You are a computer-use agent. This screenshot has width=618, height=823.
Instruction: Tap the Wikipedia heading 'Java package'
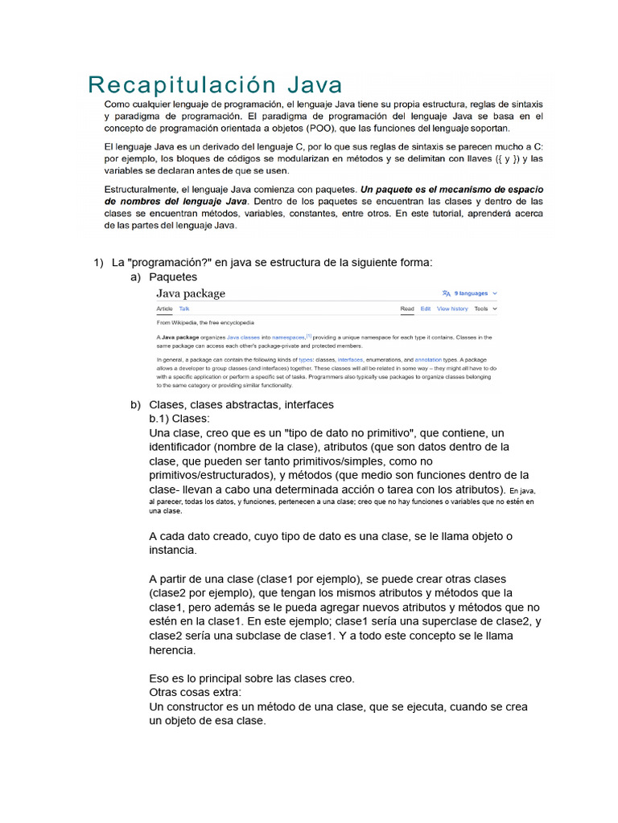point(191,293)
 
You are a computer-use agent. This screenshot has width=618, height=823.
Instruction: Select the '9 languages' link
point(471,293)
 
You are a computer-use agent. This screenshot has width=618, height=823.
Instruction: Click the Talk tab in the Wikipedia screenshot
point(184,309)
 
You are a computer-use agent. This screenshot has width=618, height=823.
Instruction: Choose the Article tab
point(164,309)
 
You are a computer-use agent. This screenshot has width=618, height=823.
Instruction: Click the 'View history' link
point(452,309)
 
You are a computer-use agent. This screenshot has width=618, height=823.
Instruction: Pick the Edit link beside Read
point(425,309)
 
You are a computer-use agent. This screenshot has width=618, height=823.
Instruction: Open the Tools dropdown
point(485,309)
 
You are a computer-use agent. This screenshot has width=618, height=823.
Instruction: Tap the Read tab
point(407,309)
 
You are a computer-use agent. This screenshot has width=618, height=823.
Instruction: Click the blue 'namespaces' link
point(288,338)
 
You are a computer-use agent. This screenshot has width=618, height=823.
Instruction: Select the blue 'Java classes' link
point(243,338)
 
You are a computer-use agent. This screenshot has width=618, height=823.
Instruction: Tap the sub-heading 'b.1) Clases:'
point(179,419)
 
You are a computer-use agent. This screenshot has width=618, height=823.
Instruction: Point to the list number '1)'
point(99,262)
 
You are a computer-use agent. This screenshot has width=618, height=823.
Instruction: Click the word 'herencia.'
point(173,650)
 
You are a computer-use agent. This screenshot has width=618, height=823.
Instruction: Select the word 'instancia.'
point(172,551)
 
